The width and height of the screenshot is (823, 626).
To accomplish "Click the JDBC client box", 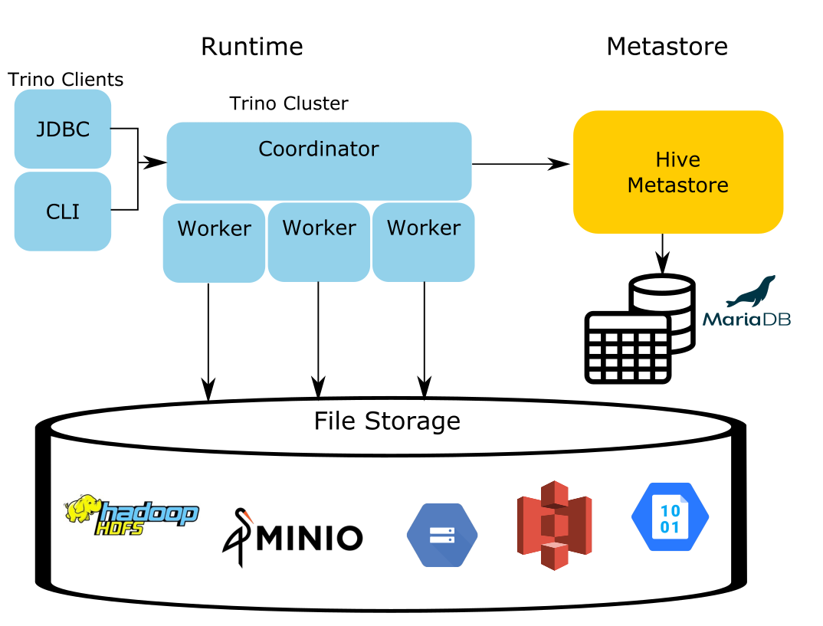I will coord(63,129).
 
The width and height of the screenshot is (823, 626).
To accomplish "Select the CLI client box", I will coord(63,211).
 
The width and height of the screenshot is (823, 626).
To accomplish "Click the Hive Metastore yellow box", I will coord(678,172).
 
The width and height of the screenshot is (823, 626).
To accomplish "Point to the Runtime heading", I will coord(251,47).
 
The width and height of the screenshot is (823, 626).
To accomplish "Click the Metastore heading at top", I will coord(667,47).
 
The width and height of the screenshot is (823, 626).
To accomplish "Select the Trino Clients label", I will coord(66,79).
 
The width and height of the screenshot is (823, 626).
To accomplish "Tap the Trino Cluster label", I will coord(289,103).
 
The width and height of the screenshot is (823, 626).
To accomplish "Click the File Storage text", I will coord(387,421).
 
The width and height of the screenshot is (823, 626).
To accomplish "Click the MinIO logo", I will coord(293,536).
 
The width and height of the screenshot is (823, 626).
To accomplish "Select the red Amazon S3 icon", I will coord(554,525).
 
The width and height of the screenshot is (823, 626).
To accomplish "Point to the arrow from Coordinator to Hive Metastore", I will coord(521,163).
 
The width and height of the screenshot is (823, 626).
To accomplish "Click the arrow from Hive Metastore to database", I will coord(662,253).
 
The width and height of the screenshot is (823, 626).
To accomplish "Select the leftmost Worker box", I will coord(214,242).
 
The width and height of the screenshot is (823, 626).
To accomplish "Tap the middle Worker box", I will coord(319,241).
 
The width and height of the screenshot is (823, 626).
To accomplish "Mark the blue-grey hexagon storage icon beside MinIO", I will coord(442,535).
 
